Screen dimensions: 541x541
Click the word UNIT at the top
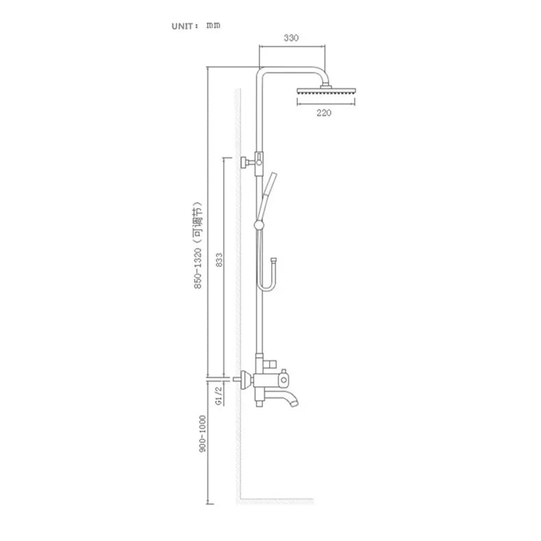[x=182, y=27]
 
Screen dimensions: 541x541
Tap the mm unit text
[x=213, y=25]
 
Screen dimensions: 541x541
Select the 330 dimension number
[x=291, y=38]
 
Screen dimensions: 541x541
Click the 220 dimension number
[x=324, y=113]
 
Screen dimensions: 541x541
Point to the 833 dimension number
[x=219, y=260]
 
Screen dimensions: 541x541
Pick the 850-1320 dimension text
[x=197, y=268]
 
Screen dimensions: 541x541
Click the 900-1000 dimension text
[x=202, y=433]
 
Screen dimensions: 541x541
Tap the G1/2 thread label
[x=218, y=396]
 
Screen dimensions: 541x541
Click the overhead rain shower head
[x=326, y=91]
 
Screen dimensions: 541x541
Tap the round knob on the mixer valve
[x=284, y=380]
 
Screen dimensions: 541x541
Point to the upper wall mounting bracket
[x=251, y=162]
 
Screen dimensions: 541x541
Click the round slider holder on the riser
[x=259, y=225]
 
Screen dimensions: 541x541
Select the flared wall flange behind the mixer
[x=246, y=379]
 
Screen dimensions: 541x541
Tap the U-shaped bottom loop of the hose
[x=266, y=286]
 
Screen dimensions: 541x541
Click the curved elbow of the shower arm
[x=320, y=73]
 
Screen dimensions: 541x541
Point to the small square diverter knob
[x=272, y=364]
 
